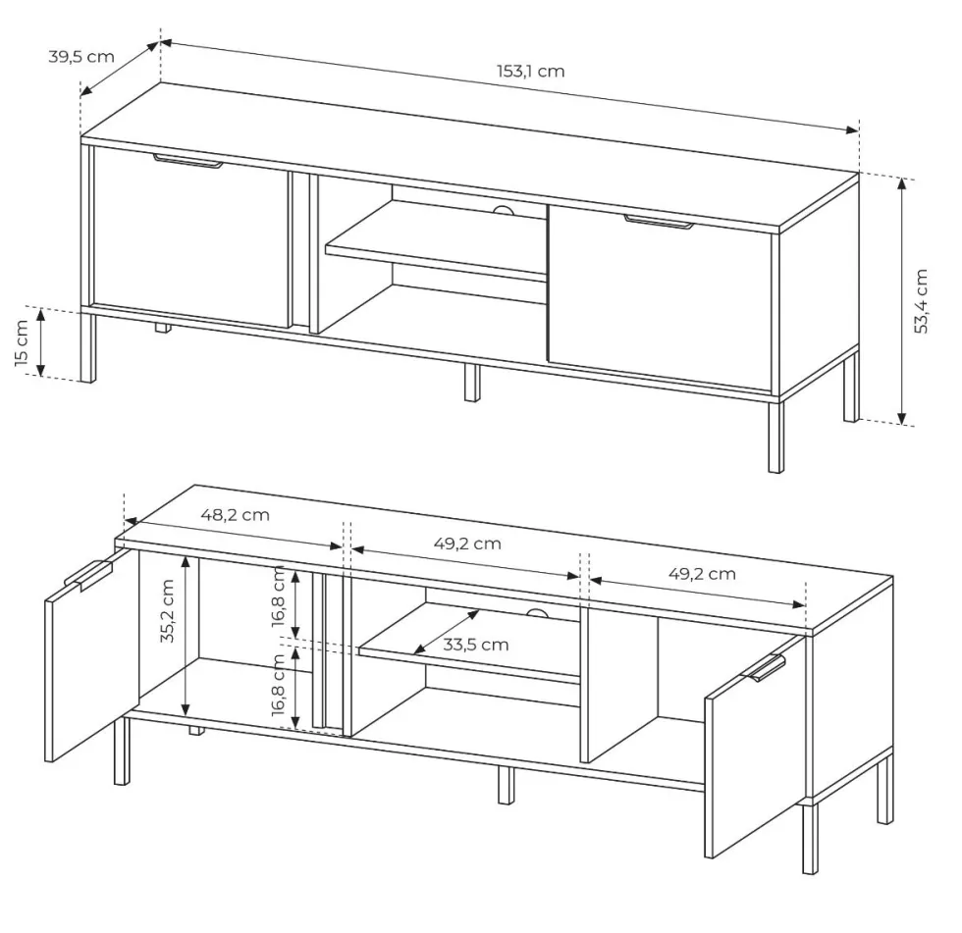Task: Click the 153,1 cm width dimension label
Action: (531, 72)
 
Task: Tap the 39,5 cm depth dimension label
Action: (80, 57)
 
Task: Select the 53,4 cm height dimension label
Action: (921, 301)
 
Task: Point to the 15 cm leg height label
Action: (22, 342)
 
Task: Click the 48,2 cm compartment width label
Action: (235, 515)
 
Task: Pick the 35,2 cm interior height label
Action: (167, 610)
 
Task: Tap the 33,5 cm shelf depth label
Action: (476, 645)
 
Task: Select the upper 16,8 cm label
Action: (279, 596)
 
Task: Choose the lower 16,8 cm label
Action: (279, 684)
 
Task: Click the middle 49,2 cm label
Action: (467, 544)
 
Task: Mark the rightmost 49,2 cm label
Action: (702, 574)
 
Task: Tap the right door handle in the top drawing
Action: (660, 222)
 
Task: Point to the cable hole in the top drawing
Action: (505, 210)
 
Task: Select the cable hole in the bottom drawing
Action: (537, 613)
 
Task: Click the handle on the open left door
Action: (87, 575)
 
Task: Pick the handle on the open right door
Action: (767, 667)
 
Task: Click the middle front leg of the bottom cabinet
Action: (506, 785)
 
